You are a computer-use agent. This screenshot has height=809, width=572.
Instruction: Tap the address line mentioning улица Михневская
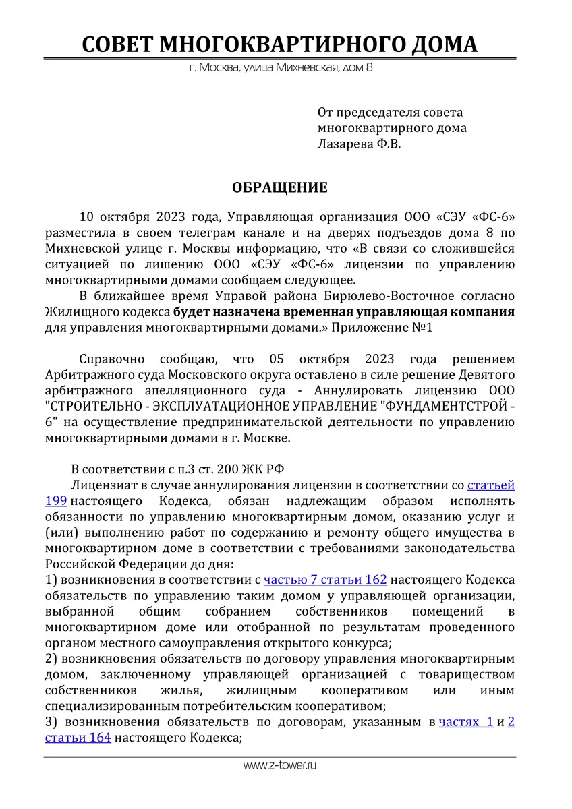281,68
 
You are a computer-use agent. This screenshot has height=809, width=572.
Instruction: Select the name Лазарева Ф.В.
359,143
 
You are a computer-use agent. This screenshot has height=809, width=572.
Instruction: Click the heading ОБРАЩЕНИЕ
280,187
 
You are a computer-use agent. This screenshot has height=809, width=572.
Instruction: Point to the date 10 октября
115,217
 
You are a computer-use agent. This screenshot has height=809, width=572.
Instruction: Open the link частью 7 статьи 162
325,580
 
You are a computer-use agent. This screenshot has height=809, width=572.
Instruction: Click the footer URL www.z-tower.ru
280,765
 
